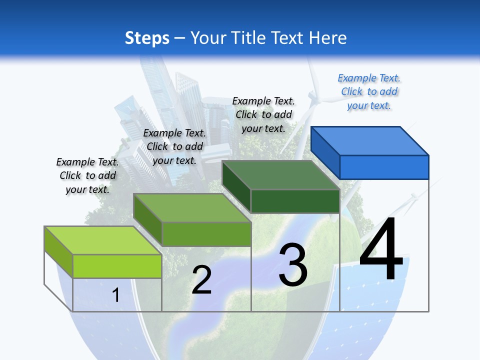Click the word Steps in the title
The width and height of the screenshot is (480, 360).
click(147, 38)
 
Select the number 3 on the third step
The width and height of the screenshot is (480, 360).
click(293, 265)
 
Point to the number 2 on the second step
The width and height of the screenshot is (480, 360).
click(202, 280)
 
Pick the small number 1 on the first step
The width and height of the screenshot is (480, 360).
click(116, 295)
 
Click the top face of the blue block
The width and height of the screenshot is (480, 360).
click(370, 140)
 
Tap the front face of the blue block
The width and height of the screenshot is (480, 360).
click(384, 167)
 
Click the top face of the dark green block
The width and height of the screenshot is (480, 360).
click(280, 175)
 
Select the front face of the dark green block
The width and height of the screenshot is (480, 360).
click(295, 201)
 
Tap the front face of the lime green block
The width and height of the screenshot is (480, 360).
click(117, 266)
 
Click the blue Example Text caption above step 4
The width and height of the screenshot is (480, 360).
click(369, 92)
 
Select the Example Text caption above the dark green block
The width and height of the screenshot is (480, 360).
click(263, 114)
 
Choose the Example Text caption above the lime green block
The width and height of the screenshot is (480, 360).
click(87, 175)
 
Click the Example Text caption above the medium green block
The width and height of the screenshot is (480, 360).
click(174, 146)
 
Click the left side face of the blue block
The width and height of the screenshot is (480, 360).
click(325, 152)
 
